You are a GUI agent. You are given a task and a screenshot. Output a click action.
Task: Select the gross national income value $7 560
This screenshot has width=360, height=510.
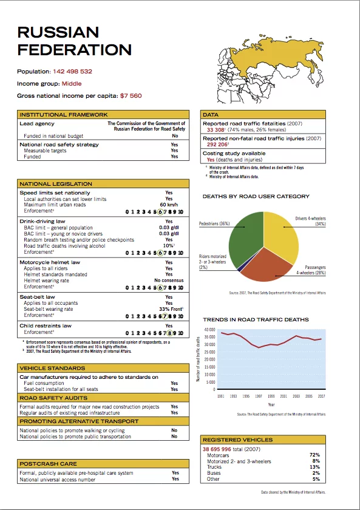131,96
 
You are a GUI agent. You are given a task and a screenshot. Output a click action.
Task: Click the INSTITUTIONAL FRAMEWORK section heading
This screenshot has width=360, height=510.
64,114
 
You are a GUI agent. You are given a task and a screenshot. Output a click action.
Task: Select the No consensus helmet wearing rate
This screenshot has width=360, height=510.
166,280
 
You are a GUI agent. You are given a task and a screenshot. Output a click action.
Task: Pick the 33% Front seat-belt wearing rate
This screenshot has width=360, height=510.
167,309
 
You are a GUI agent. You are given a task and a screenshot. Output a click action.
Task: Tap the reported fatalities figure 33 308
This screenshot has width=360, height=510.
216,130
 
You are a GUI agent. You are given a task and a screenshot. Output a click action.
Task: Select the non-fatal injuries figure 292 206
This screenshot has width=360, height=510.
217,145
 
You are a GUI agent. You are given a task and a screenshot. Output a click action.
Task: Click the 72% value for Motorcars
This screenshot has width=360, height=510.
314,455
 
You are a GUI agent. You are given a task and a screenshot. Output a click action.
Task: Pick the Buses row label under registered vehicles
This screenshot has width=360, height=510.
214,473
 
